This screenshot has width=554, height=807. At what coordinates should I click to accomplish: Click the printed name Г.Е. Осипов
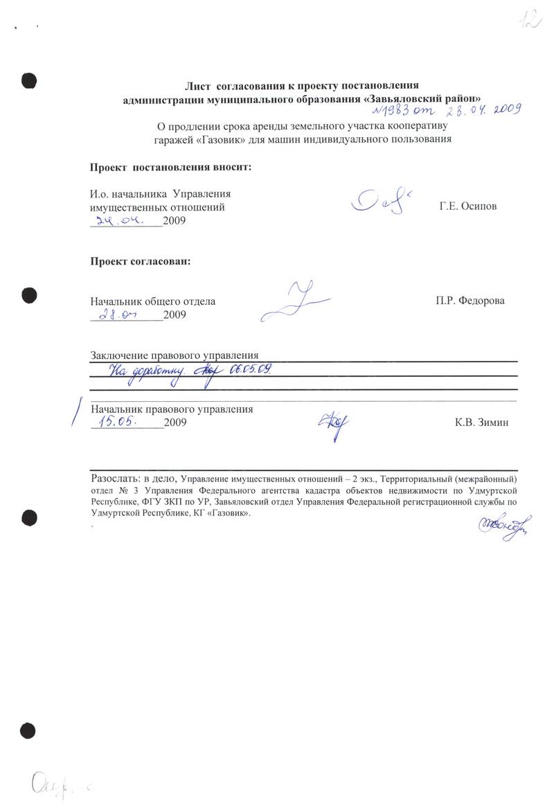coord(467,207)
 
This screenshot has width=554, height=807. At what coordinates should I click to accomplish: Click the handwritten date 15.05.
coord(120,420)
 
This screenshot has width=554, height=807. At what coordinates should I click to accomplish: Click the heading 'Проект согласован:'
coord(141,262)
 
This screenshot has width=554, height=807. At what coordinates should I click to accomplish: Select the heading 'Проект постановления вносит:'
coord(170,168)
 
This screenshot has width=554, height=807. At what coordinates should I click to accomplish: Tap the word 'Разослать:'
coord(114,479)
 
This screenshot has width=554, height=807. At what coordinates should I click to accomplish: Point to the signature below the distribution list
coord(493,528)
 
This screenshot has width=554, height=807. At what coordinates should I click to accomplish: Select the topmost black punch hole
coord(28,80)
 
